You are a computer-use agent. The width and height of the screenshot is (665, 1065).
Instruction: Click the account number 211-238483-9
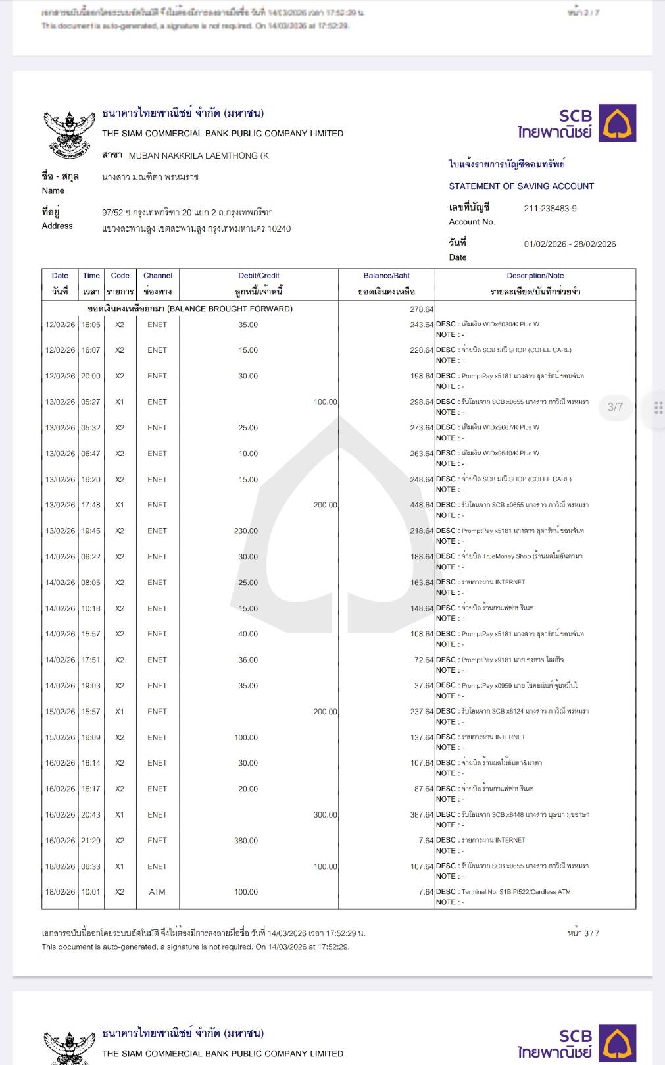click(x=550, y=209)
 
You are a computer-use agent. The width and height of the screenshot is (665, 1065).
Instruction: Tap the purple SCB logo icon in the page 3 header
click(x=617, y=123)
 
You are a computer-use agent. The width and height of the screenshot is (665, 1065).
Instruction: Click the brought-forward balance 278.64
click(x=421, y=309)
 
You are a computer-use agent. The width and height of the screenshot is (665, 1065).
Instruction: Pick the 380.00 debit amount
click(x=246, y=841)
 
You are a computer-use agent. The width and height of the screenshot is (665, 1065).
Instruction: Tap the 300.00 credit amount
click(x=325, y=815)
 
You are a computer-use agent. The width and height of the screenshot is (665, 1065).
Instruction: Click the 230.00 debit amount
click(x=246, y=531)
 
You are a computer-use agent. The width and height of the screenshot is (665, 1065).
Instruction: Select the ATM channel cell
click(x=157, y=892)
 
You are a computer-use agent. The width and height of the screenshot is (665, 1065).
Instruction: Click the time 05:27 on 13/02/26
click(x=91, y=402)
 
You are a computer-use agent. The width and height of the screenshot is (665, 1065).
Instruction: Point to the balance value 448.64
click(x=422, y=506)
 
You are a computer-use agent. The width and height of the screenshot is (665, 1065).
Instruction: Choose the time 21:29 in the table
click(x=91, y=841)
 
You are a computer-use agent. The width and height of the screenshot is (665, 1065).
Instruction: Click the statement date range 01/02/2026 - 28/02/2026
click(x=570, y=244)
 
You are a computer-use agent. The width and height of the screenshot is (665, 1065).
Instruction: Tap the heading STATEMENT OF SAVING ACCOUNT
click(x=521, y=186)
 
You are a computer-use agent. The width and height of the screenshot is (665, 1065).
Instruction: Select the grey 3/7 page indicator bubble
click(x=615, y=407)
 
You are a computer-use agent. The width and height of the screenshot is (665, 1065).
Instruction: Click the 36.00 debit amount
click(x=248, y=660)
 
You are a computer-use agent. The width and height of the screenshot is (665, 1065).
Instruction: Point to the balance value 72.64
click(x=424, y=660)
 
